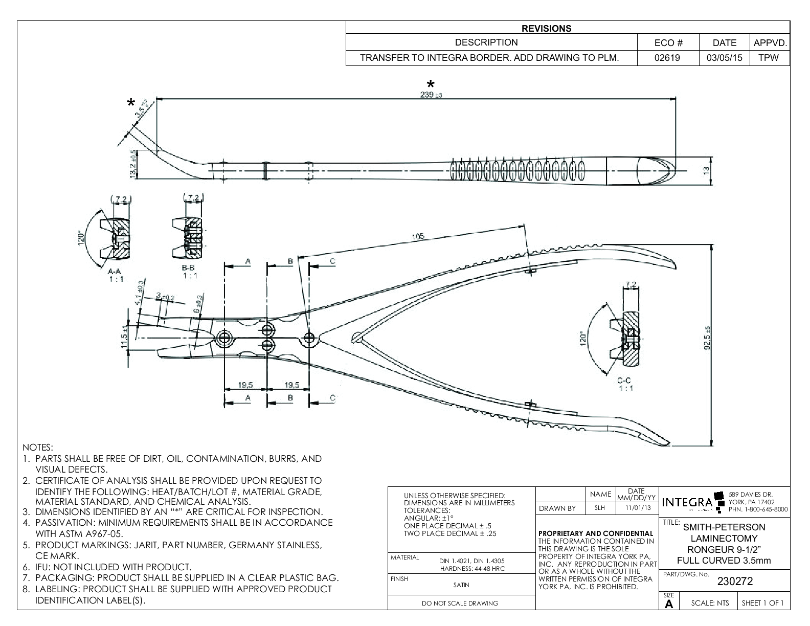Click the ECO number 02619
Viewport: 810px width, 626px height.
(667, 58)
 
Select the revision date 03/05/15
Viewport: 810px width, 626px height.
(724, 58)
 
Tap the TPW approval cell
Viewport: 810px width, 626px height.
(769, 58)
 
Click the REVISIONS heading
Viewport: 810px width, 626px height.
(547, 29)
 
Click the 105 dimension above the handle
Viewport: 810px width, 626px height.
(418, 236)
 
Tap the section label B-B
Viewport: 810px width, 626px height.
(190, 269)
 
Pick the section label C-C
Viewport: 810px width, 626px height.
(624, 380)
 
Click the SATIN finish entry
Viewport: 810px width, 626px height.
(461, 585)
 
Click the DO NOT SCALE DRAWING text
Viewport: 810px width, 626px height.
(460, 603)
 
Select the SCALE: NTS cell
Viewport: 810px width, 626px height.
(710, 603)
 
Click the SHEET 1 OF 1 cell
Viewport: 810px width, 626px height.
(762, 603)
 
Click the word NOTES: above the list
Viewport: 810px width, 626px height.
(38, 448)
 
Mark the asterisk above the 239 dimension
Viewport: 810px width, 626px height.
(431, 84)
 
